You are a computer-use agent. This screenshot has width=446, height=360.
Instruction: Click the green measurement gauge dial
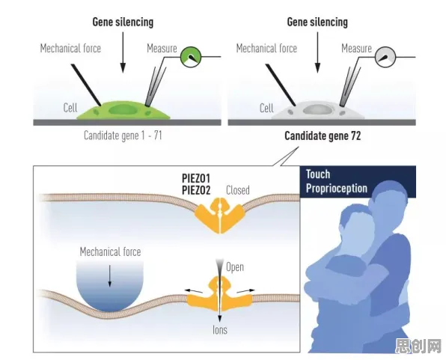point(191,57)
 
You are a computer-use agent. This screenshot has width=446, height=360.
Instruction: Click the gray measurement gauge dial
point(385,57)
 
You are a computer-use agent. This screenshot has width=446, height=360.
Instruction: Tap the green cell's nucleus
point(123,110)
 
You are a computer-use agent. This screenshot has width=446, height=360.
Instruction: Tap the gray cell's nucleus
point(317,109)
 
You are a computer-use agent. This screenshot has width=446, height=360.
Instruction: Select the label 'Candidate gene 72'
point(323,135)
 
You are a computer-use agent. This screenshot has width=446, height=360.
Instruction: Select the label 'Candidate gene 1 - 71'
point(123,135)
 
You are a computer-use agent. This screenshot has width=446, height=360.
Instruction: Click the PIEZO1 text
point(196,178)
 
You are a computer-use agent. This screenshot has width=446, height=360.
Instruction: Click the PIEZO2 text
point(196,190)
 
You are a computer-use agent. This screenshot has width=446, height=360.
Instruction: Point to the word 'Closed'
point(238,190)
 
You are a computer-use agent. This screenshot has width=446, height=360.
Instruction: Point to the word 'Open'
point(235,267)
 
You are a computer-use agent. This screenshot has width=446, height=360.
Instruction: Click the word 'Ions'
point(220,330)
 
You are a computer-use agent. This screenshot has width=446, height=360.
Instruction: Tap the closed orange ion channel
point(219,216)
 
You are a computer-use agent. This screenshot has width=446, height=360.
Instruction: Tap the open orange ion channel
point(219,294)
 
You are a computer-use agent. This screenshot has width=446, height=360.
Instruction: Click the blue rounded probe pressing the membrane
point(110,286)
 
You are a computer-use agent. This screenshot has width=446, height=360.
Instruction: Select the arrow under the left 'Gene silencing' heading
point(123,52)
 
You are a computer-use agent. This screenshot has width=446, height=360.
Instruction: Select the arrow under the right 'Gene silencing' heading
point(317,52)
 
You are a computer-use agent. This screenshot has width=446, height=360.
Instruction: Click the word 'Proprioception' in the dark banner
point(337,189)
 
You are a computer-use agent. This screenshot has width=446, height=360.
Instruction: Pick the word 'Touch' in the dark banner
point(318,174)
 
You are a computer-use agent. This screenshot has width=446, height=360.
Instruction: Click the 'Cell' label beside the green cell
point(70,108)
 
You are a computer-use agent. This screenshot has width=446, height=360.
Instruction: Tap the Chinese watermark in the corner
point(419,346)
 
